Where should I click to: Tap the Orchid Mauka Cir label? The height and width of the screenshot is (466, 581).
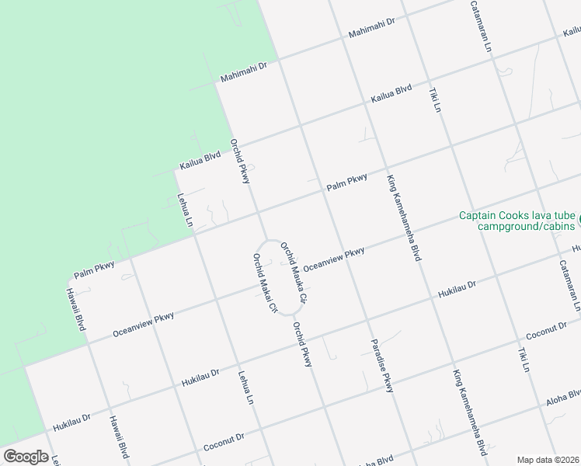click(x=294, y=271)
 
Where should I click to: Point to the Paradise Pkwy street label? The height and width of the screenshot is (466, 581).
click(x=381, y=365)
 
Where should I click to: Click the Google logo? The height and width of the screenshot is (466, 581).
click(x=26, y=456)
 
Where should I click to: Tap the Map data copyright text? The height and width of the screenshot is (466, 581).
click(x=548, y=459)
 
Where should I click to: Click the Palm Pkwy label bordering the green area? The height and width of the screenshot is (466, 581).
click(x=94, y=270)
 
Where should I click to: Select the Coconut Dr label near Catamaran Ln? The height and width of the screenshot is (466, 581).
click(x=547, y=329)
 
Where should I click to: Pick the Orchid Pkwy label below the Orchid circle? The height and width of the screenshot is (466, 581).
click(x=301, y=344)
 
